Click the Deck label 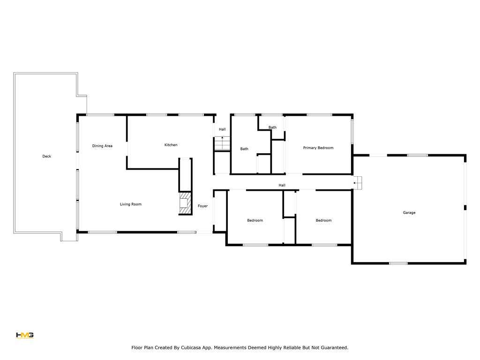click(46, 156)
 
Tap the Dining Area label click(102, 146)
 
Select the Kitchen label click(171, 145)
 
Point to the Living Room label click(131, 204)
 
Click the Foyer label click(202, 206)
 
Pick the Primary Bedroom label click(318, 148)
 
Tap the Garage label click(409, 212)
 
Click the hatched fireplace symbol click(185, 203)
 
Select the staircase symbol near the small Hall click(222, 143)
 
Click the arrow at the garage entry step click(355, 183)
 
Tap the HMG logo click(25, 335)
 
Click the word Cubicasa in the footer click(191, 348)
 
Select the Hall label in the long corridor click(282, 185)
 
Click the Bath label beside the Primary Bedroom click(272, 127)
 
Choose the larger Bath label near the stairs click(244, 149)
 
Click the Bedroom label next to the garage click(323, 220)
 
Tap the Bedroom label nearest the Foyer click(255, 220)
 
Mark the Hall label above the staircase click(222, 129)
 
